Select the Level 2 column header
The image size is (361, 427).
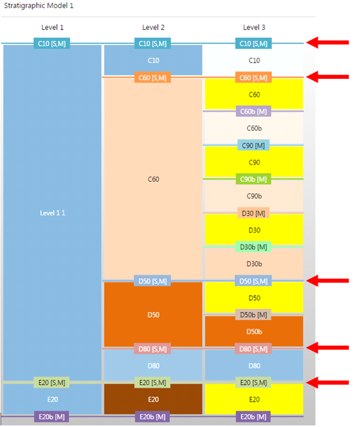(153, 27)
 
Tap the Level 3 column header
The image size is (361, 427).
(254, 27)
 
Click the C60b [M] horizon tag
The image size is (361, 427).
(253, 111)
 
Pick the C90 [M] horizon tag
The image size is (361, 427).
(253, 145)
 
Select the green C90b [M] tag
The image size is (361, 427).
(253, 179)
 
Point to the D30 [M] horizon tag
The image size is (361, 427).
(253, 213)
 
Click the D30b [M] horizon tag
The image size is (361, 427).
(253, 247)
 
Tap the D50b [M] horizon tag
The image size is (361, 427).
(253, 314)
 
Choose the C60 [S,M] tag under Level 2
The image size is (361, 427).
(153, 78)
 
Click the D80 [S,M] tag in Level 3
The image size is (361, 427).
(253, 349)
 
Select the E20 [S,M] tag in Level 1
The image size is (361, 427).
(52, 382)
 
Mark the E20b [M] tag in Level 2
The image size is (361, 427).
(153, 416)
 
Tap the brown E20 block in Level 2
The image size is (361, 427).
(153, 399)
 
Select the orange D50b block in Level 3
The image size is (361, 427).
(254, 332)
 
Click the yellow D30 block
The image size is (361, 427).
(254, 230)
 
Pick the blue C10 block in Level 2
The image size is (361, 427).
(153, 61)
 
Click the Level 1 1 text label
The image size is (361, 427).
(52, 213)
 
